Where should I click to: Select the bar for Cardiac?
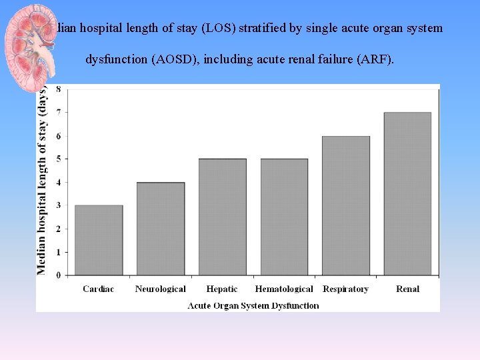point(99,240)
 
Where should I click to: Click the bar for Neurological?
point(161,229)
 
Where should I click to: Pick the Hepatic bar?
point(223,217)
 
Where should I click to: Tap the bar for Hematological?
point(284,217)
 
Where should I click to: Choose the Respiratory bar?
point(346,205)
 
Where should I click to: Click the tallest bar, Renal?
point(407,193)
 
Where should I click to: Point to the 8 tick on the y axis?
point(59,89)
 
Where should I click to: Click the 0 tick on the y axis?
point(59,275)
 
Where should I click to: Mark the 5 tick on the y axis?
point(59,159)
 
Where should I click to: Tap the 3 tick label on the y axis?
point(59,205)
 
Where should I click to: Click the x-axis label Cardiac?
point(99,289)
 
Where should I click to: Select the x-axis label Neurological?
point(161,289)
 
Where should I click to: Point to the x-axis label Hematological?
point(284,289)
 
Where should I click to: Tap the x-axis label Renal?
point(407,289)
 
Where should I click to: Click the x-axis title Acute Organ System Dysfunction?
point(253,305)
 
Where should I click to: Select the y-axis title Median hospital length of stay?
point(43,180)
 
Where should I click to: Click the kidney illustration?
point(31,40)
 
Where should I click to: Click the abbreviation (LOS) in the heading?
point(227,29)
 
